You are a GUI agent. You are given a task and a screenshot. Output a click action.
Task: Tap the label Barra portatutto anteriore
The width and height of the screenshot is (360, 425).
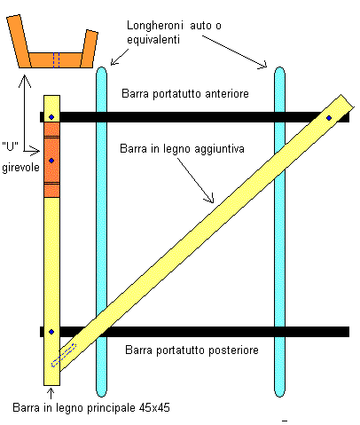tap(185, 94)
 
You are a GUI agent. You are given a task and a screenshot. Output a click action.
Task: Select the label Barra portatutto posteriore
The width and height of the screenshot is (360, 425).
tap(192, 350)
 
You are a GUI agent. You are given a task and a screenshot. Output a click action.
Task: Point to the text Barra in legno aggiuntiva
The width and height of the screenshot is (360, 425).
tap(182, 148)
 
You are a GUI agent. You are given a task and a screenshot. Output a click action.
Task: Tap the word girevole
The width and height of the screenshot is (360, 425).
tap(20, 168)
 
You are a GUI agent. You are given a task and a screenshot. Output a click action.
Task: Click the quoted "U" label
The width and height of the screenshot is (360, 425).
tap(11, 146)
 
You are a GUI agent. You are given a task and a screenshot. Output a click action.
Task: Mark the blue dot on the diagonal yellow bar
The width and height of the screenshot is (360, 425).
tap(329, 118)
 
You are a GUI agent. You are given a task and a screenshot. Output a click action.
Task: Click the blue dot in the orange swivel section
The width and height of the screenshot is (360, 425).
tap(51, 161)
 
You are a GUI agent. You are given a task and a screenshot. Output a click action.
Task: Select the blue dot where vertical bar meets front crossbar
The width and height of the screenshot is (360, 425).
tap(51, 117)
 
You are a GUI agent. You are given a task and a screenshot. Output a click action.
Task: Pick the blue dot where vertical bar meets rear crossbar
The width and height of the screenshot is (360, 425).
tap(51, 332)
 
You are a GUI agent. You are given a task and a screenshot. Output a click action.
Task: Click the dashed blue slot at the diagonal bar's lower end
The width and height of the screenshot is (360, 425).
tap(64, 355)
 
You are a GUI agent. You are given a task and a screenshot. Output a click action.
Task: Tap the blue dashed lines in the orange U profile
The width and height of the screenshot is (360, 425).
tap(57, 60)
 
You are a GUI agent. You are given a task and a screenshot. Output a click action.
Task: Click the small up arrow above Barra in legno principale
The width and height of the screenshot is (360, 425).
tap(51, 394)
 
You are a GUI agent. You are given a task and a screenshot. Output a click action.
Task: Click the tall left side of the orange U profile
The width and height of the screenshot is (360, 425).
tap(20, 42)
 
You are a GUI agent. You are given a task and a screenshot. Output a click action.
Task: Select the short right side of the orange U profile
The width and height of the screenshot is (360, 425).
tap(89, 49)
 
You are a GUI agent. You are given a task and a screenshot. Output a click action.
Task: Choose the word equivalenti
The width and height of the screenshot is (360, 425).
tap(153, 40)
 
